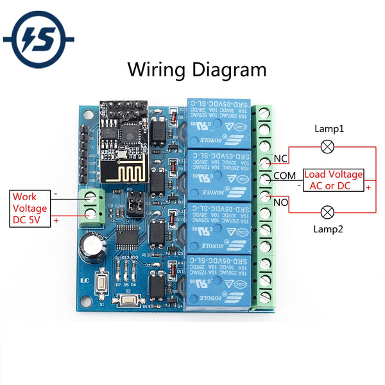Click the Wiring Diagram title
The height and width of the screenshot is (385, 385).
tap(197, 69)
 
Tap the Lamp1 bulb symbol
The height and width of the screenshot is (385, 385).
tap(328, 147)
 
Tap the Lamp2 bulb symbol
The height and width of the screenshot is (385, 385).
tap(328, 211)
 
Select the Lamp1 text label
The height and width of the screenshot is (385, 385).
tap(329, 128)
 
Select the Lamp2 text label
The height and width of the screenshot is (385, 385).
tap(329, 229)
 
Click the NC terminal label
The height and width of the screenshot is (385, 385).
tap(280, 158)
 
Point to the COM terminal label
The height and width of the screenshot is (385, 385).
tap(285, 175)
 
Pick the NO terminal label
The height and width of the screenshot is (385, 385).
tap(281, 202)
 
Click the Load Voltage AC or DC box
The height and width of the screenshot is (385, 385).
tap(333, 180)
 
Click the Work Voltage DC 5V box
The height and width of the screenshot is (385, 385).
tap(30, 209)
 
